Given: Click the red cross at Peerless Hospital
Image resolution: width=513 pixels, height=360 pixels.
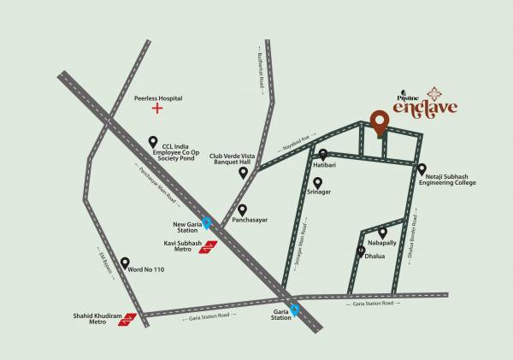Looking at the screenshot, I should coord(156,109).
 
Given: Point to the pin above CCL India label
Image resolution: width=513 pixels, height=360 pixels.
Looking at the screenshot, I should coord(154,141).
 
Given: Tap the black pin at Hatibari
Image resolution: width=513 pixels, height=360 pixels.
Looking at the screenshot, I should coord(323,154).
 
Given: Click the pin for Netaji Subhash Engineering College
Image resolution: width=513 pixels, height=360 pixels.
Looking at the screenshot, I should coord(422,169).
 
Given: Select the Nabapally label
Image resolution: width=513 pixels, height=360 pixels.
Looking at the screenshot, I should coord(383,243).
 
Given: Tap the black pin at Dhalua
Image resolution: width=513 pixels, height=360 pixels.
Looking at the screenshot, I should coord(361,251).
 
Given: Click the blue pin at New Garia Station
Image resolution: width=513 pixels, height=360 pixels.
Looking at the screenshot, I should coord(206,225).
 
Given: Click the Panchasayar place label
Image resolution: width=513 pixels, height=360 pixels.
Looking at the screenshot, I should coord(250,220).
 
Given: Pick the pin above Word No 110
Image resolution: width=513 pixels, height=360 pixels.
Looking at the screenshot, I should coord(126,263).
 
